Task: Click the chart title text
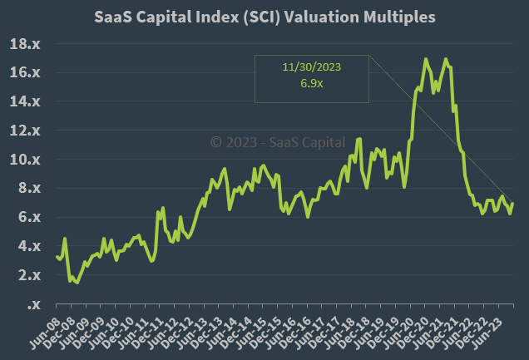point(264,17)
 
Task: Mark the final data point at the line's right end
point(512,204)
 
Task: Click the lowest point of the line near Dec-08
point(77,283)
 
